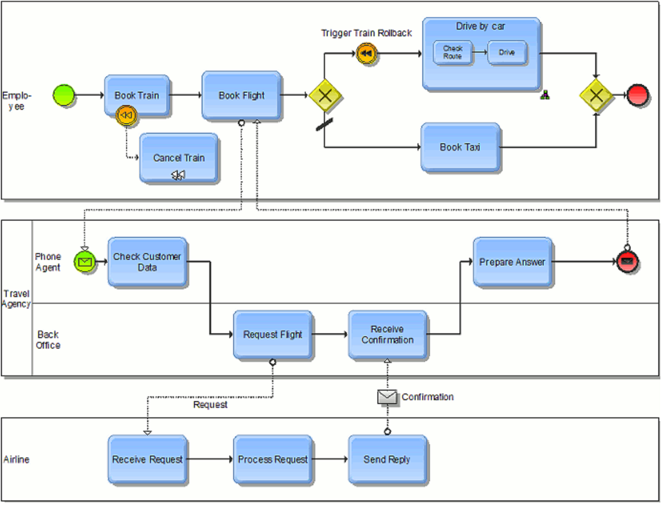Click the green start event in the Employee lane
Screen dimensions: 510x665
pos(64,95)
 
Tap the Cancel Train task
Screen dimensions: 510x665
pos(179,158)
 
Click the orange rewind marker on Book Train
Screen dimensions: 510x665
pos(126,115)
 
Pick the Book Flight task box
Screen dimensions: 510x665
pos(241,95)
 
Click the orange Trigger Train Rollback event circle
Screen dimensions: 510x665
pos(366,53)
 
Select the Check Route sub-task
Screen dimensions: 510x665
pos(452,52)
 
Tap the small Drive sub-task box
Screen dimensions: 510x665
pos(507,52)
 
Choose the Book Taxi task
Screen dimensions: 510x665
pos(460,147)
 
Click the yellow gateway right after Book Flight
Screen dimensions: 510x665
pos(325,95)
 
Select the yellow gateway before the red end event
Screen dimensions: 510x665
pos(596,95)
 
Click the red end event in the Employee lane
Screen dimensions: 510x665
pos(637,95)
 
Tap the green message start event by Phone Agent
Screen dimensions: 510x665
pos(85,262)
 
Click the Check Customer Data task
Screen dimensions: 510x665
pos(147,262)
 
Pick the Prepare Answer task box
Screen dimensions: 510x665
pos(512,262)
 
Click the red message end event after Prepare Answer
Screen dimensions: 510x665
pos(627,262)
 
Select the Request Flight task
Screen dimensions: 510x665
pos(272,334)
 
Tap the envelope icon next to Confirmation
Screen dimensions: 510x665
pos(386,397)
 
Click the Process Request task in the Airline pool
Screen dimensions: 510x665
pos(272,459)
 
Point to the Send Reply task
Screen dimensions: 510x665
pos(387,459)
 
